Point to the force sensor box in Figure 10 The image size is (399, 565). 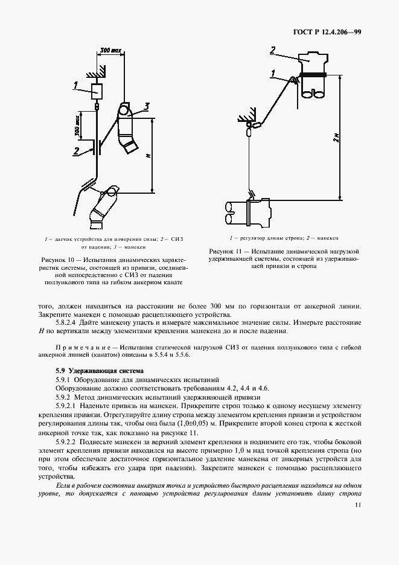[x=97, y=92]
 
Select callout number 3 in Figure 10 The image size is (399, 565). [x=146, y=107]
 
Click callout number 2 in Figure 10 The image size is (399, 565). [x=77, y=150]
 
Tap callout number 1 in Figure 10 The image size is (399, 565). [x=75, y=86]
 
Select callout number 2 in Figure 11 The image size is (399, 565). [x=272, y=50]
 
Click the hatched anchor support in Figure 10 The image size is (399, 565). [x=96, y=73]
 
